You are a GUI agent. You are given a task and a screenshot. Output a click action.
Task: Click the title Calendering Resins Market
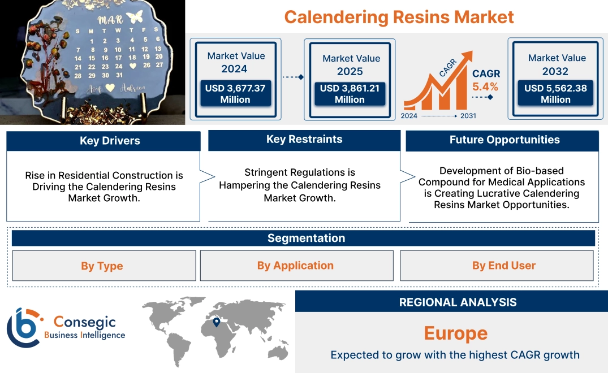point(399,16)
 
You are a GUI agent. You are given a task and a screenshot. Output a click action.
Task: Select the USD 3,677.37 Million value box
point(235,94)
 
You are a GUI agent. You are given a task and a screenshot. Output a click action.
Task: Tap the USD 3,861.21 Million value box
point(350,94)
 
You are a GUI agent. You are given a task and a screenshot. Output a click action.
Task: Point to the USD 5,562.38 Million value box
point(555,94)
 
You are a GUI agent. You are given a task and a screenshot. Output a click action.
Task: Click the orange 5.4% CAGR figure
point(485,86)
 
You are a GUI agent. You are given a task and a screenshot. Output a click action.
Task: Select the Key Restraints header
point(304,140)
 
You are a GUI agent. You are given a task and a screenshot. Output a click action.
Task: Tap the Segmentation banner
point(306,238)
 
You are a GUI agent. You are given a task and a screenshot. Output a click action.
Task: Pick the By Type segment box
point(102,266)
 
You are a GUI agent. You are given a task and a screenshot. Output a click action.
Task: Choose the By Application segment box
point(295,266)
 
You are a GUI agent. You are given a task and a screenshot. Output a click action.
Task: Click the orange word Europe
point(456,333)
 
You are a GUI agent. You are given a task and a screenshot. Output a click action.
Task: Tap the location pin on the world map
point(216,322)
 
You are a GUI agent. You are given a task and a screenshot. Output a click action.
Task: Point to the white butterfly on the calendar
point(135,18)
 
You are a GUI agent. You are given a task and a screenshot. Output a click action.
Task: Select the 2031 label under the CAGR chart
point(468,116)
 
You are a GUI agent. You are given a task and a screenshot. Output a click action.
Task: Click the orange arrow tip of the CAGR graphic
point(468,55)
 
